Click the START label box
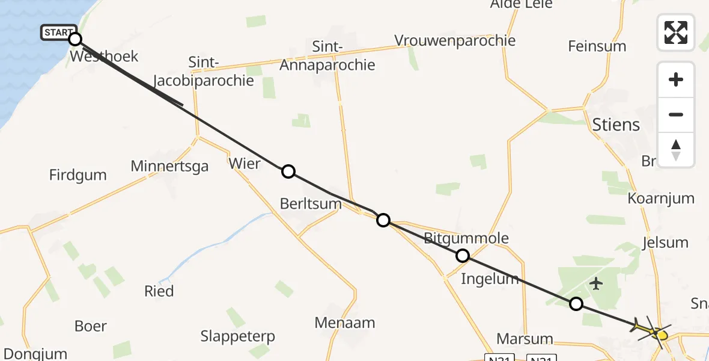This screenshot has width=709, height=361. pyautogui.click(x=58, y=32)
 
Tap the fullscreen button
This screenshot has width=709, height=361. pyautogui.click(x=676, y=32)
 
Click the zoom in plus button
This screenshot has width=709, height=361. pyautogui.click(x=676, y=79)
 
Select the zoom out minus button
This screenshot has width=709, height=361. pyautogui.click(x=676, y=114)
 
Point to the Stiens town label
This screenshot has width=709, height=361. pyautogui.click(x=616, y=125)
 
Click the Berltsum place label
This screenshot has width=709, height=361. pyautogui.click(x=311, y=204)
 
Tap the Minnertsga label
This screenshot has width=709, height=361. pyautogui.click(x=170, y=166)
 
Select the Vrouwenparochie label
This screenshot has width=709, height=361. pyautogui.click(x=455, y=40)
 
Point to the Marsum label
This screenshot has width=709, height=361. pyautogui.click(x=525, y=338)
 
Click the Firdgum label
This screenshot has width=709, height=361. pyautogui.click(x=78, y=175)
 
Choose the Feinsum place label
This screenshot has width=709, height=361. pyautogui.click(x=597, y=46)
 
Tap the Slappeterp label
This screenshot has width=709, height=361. pyautogui.click(x=237, y=336)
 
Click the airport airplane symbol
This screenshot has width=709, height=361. pyautogui.click(x=596, y=283)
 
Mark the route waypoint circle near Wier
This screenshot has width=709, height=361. pyautogui.click(x=288, y=171)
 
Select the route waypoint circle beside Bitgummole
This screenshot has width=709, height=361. pyautogui.click(x=463, y=256)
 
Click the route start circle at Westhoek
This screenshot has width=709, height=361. pyautogui.click(x=75, y=39)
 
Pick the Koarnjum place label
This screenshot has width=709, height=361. pyautogui.click(x=661, y=199)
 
